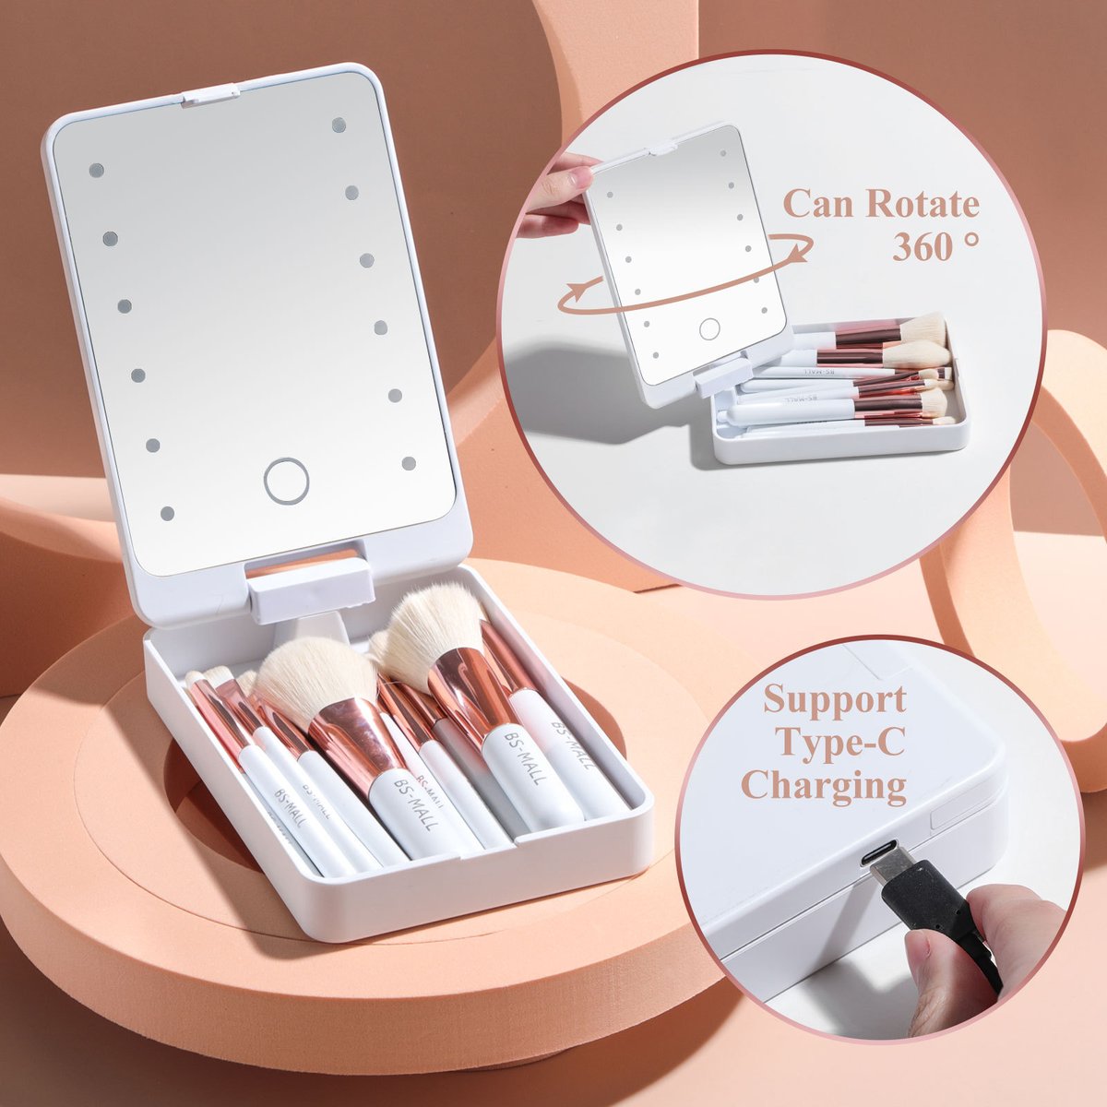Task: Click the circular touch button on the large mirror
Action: (x=285, y=481)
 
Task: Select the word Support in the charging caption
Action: (x=834, y=700)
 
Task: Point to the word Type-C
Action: (x=834, y=743)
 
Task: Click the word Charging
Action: (x=824, y=786)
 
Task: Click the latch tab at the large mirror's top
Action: (x=209, y=94)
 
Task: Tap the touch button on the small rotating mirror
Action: (x=708, y=328)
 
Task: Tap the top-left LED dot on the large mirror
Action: (x=96, y=171)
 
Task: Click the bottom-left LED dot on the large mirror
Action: (x=167, y=513)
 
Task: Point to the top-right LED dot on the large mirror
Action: (x=339, y=125)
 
